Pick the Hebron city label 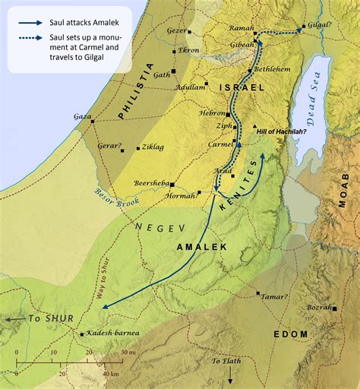click(x=213, y=113)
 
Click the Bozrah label click(x=319, y=308)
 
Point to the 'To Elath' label click(x=226, y=360)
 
